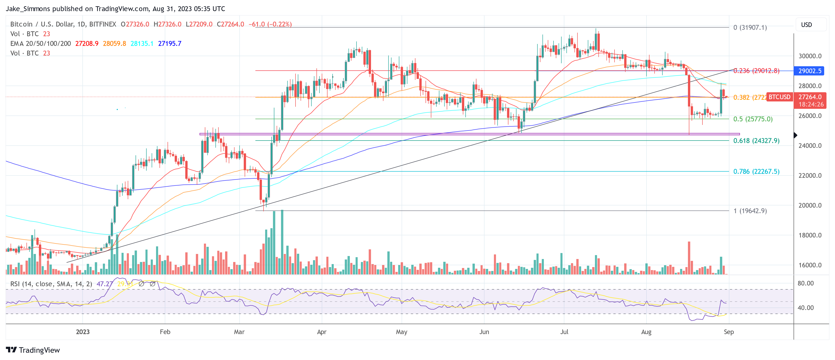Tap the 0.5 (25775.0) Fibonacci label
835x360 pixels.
click(753, 119)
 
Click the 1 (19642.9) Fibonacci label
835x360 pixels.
click(750, 211)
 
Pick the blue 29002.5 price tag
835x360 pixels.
click(809, 71)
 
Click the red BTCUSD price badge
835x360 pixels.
click(779, 97)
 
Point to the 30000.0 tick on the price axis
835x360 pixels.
click(809, 56)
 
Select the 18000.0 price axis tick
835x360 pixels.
click(809, 235)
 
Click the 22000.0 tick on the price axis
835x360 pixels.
click(809, 176)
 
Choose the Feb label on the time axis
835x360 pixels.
click(165, 332)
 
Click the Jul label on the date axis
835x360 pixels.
click(564, 332)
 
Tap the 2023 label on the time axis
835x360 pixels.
click(83, 332)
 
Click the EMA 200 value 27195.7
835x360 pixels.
click(170, 43)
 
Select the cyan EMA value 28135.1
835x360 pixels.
click(142, 43)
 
